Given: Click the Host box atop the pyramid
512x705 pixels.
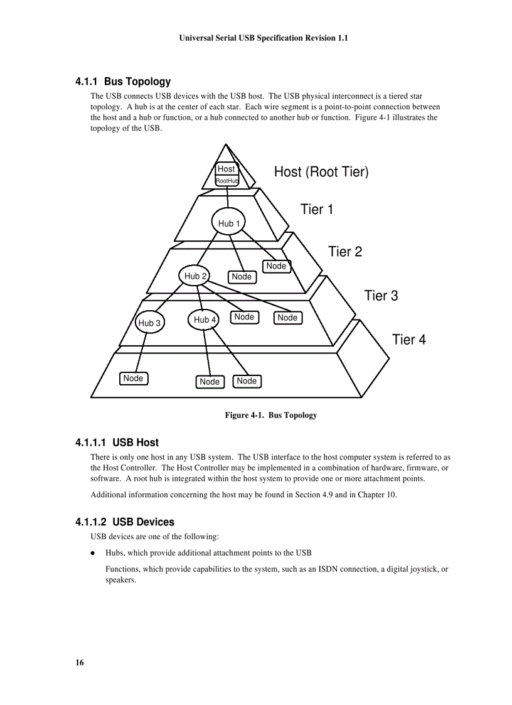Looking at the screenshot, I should pyautogui.click(x=226, y=169).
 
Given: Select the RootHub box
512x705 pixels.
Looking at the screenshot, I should pyautogui.click(x=227, y=181).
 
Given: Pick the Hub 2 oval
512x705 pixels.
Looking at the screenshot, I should pyautogui.click(x=196, y=276).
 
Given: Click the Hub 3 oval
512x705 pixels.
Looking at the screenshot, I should pyautogui.click(x=149, y=323).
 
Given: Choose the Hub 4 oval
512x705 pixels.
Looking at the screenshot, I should pyautogui.click(x=205, y=320).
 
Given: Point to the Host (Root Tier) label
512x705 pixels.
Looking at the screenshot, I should pyautogui.click(x=321, y=172).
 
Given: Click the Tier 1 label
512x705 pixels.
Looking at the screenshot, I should pyautogui.click(x=317, y=210).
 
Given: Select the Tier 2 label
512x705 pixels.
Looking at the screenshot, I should pyautogui.click(x=345, y=252).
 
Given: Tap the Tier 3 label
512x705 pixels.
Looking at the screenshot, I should pyautogui.click(x=381, y=296).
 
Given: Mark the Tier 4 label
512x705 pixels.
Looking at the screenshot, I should pyautogui.click(x=408, y=340).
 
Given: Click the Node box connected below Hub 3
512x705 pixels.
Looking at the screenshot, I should pyautogui.click(x=134, y=379).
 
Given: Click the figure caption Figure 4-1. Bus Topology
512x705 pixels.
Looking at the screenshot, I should pyautogui.click(x=271, y=415).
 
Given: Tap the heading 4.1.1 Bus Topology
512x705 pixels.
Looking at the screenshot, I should pyautogui.click(x=123, y=82).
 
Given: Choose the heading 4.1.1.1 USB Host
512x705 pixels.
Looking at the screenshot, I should pyautogui.click(x=117, y=443).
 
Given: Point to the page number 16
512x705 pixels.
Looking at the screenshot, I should pyautogui.click(x=79, y=663).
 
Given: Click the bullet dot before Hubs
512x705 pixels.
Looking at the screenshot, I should pyautogui.click(x=93, y=553).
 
